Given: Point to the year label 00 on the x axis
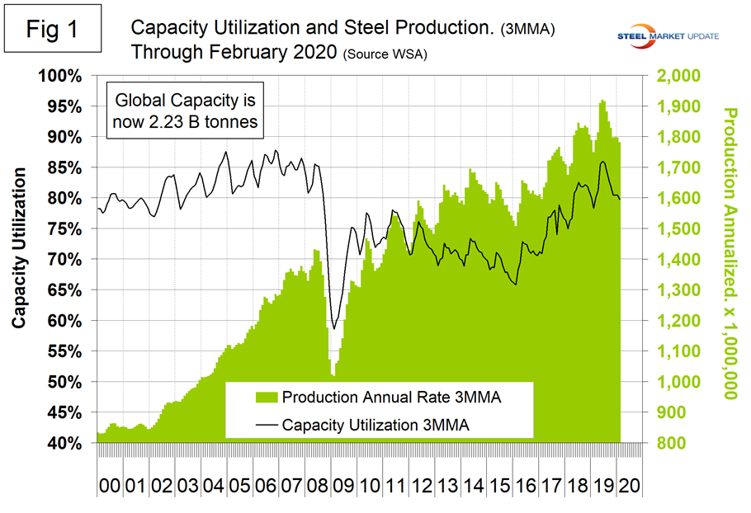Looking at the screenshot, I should click(x=108, y=482).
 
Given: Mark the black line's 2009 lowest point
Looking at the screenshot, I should click(x=333, y=328).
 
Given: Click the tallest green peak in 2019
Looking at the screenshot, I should click(x=602, y=101).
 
